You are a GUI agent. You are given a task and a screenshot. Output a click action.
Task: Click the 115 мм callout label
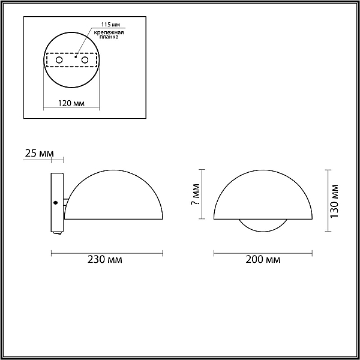pyautogui.click(x=110, y=25)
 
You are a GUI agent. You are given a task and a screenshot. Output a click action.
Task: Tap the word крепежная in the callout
pyautogui.click(x=109, y=32)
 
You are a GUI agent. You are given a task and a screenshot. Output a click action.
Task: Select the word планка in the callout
pyautogui.click(x=109, y=37)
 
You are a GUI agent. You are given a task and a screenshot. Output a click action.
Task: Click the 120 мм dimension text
pyautogui.click(x=71, y=103)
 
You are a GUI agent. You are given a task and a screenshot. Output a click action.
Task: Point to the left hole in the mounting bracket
pyautogui.click(x=59, y=60)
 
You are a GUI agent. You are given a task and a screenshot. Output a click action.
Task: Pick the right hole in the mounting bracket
pyautogui.click(x=85, y=60)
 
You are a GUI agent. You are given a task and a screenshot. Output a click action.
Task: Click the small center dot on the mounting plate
pyautogui.click(x=76, y=57)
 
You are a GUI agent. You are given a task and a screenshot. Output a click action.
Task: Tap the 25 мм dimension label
pyautogui.click(x=39, y=154)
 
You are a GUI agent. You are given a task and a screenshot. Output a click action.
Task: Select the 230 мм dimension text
pyautogui.click(x=104, y=260)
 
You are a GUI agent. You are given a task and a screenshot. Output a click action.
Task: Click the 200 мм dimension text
pyautogui.click(x=263, y=260)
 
